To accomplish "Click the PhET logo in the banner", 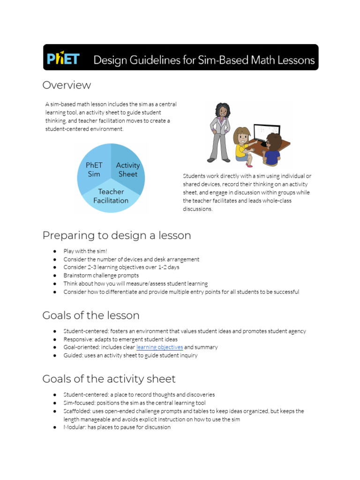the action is click(x=63, y=59).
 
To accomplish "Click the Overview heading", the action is click(x=67, y=85).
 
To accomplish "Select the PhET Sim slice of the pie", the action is click(x=94, y=170).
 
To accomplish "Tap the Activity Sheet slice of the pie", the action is click(x=127, y=170).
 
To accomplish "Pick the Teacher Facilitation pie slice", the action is click(x=111, y=196).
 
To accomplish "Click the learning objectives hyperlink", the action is click(x=159, y=347).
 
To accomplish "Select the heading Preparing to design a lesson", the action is click(x=117, y=235).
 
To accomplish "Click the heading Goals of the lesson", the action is click(x=90, y=315).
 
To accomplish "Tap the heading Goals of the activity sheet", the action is click(x=109, y=379).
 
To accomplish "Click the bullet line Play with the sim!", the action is click(x=85, y=251).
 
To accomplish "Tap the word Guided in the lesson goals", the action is click(x=73, y=355).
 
